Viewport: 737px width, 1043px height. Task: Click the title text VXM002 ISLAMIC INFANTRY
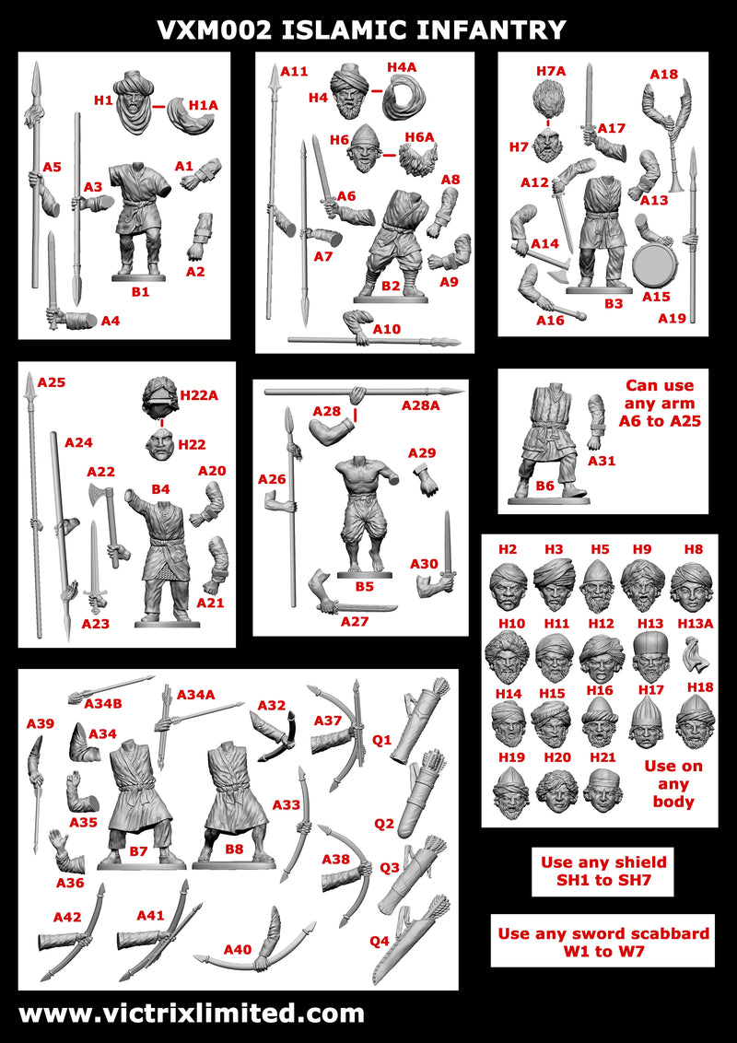click(361, 29)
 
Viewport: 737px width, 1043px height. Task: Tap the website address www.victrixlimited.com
click(192, 1014)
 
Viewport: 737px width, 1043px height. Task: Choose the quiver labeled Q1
click(412, 727)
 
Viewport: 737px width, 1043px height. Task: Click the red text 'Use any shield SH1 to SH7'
click(602, 872)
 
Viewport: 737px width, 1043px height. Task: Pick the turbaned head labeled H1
click(141, 104)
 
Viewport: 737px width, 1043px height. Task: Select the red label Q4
click(380, 941)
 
